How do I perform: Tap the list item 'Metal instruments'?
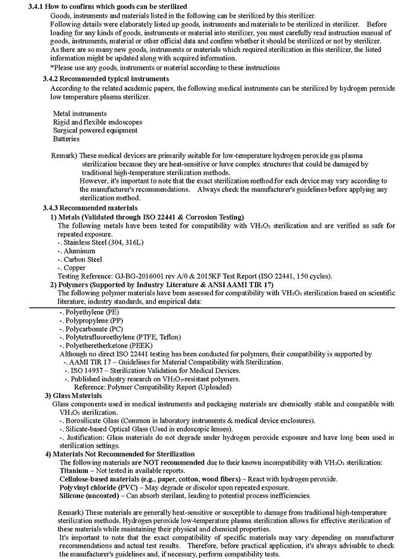point(80,113)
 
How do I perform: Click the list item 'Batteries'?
point(66,139)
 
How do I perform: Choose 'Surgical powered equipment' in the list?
point(95,130)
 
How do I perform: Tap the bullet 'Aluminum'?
point(79,251)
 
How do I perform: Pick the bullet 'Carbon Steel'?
point(82,259)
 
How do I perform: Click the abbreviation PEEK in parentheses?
point(141,346)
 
